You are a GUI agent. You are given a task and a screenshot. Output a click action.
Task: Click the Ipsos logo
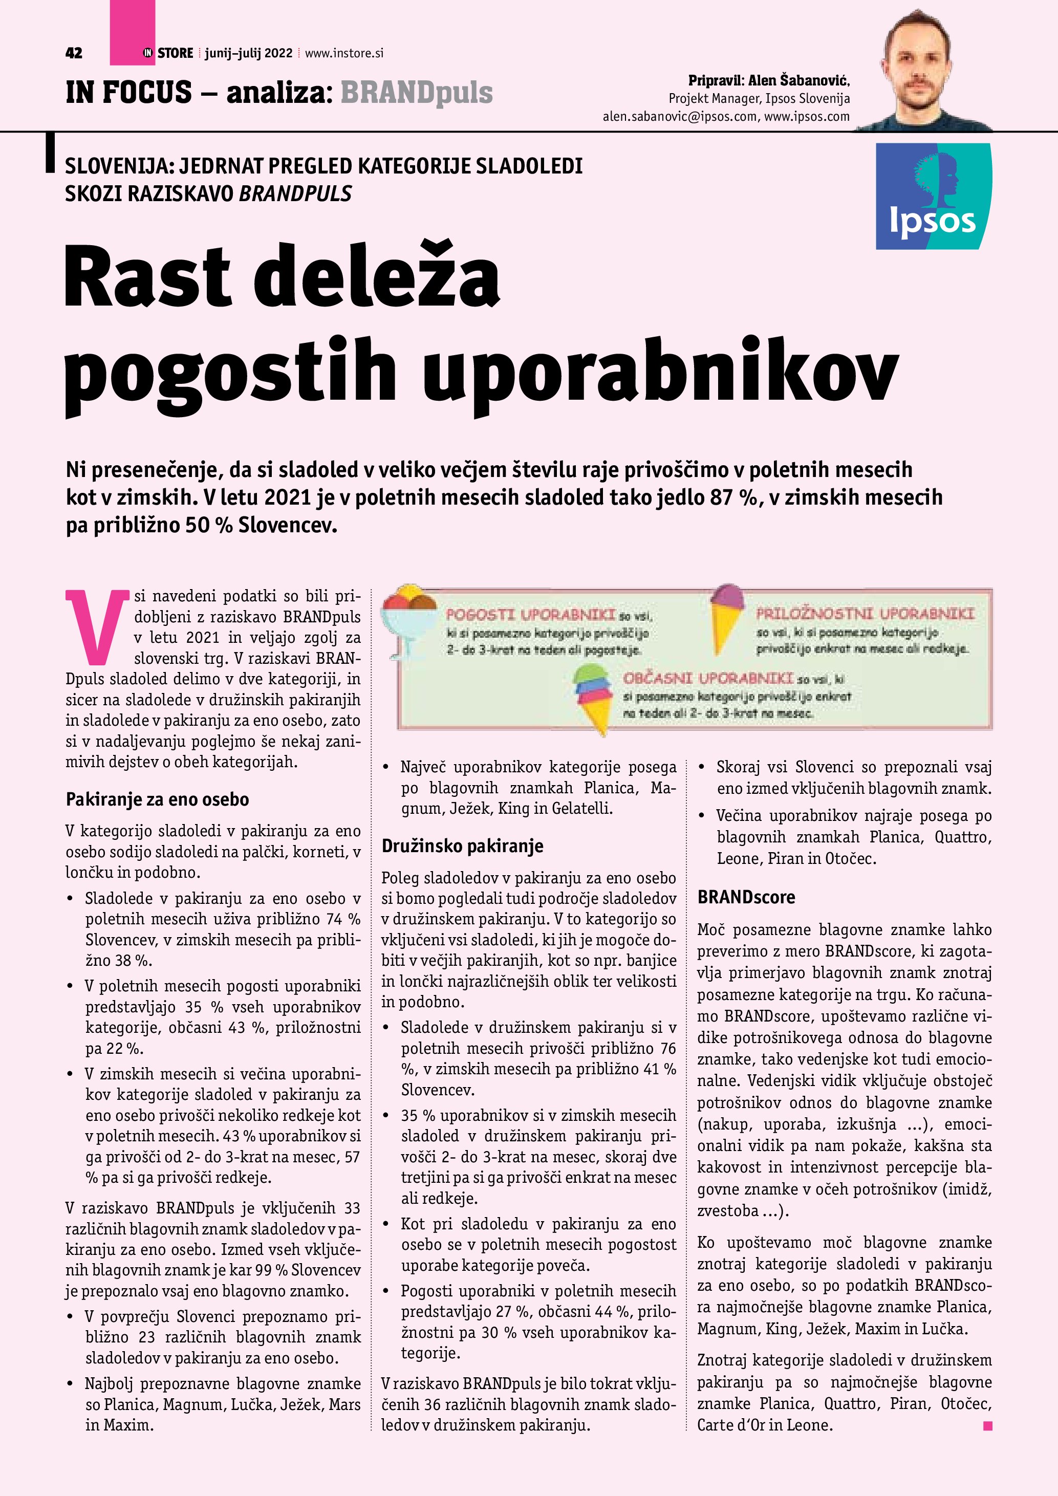[x=933, y=196]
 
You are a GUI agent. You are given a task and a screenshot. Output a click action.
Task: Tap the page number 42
[x=74, y=53]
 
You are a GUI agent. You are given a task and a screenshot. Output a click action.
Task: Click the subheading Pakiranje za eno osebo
[x=157, y=799]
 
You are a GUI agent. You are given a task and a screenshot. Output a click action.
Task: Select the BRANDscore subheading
[x=745, y=897]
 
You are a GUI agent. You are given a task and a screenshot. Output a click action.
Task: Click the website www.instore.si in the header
[x=344, y=53]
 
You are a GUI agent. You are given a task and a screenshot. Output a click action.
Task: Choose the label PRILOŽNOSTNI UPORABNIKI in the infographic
[x=865, y=614]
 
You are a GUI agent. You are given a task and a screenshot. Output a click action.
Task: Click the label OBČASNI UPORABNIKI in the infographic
[x=707, y=678]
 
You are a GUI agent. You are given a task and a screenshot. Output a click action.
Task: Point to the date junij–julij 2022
[x=248, y=53]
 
